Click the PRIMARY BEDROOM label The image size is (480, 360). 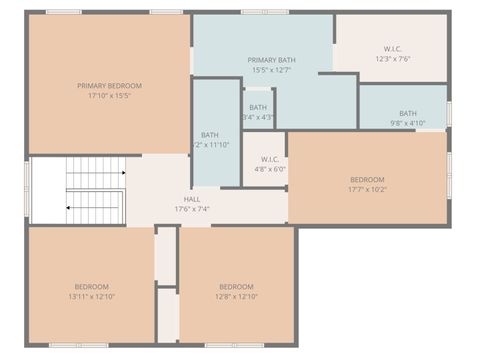(x=109, y=86)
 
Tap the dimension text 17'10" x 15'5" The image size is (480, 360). (x=109, y=96)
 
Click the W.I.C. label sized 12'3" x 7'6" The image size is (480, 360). (x=392, y=49)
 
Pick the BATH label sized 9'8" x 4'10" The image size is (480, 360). (x=407, y=113)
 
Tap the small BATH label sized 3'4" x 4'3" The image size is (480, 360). (x=258, y=107)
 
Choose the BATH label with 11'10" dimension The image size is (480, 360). (x=210, y=135)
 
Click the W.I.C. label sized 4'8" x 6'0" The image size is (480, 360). (x=270, y=159)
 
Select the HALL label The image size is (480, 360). (x=191, y=199)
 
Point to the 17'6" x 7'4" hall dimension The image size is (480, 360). (x=191, y=209)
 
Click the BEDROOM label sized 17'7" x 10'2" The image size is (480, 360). (x=367, y=179)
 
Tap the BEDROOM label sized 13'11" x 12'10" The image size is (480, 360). (x=91, y=286)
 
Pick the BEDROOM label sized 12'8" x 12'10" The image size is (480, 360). (x=237, y=286)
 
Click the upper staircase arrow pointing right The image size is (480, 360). (x=122, y=173)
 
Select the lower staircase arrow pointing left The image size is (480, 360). (x=68, y=207)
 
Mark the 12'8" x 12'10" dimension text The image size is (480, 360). (x=237, y=296)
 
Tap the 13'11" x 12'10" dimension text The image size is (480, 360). (x=91, y=296)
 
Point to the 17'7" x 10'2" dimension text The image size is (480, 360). (x=367, y=189)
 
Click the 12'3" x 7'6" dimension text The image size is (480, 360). (x=392, y=59)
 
